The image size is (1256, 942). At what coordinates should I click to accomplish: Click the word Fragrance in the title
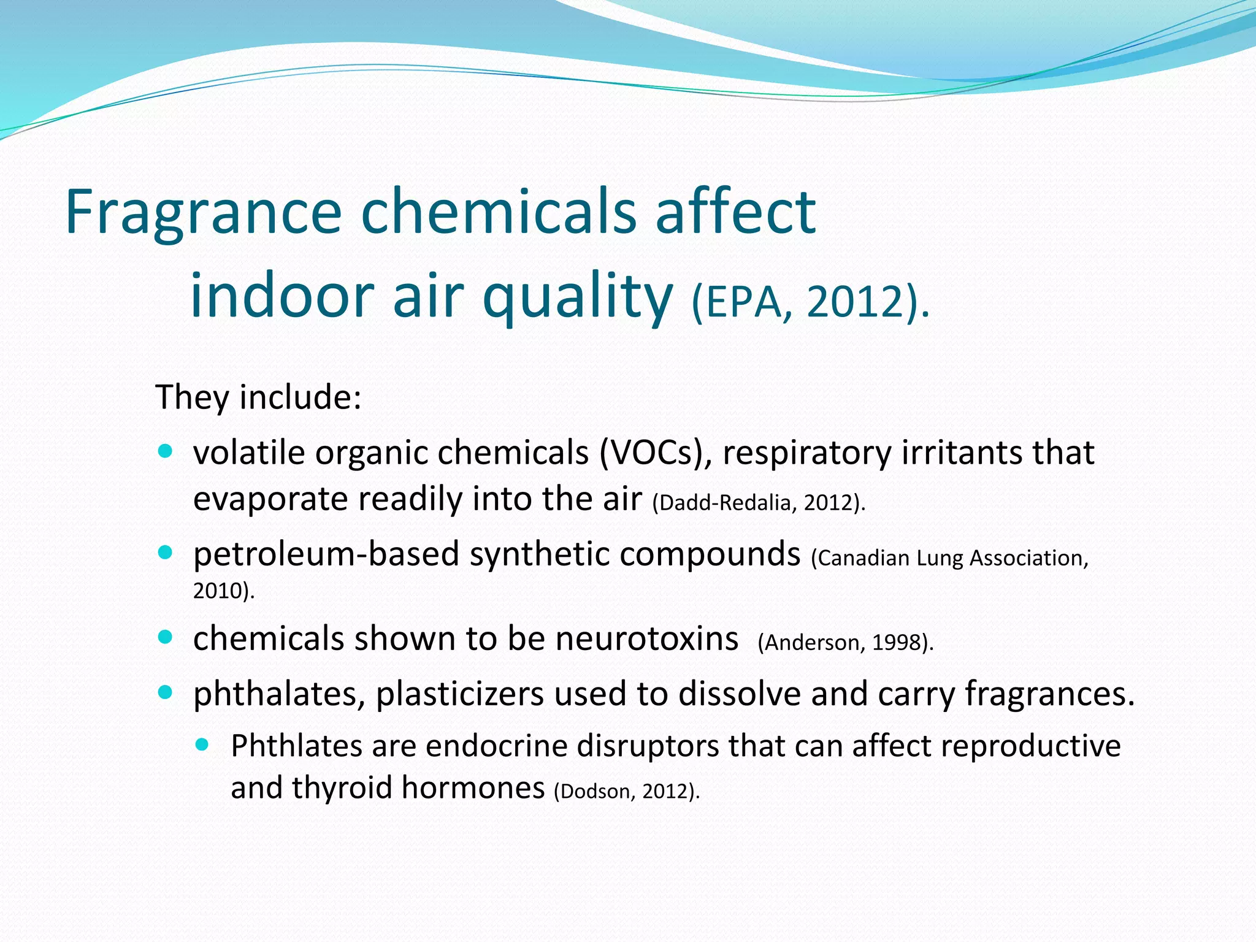pyautogui.click(x=202, y=212)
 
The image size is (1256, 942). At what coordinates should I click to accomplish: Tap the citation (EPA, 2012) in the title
pyautogui.click(x=810, y=302)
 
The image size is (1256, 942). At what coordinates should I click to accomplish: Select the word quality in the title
pyautogui.click(x=578, y=297)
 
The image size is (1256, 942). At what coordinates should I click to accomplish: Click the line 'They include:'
pyautogui.click(x=258, y=397)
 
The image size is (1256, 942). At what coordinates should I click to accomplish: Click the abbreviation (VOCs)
pyautogui.click(x=655, y=453)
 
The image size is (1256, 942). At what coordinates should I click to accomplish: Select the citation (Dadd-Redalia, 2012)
pyautogui.click(x=759, y=503)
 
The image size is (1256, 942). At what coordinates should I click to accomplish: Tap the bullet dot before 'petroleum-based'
pyautogui.click(x=166, y=553)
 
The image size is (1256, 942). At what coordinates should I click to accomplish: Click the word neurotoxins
pyautogui.click(x=646, y=638)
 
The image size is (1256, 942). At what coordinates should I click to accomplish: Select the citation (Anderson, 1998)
pyautogui.click(x=845, y=643)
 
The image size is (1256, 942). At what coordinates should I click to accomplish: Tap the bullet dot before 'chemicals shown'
pyautogui.click(x=166, y=637)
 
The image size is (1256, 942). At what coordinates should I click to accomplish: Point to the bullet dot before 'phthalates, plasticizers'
pyautogui.click(x=166, y=692)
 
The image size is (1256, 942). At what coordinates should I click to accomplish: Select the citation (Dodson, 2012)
pyautogui.click(x=626, y=791)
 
